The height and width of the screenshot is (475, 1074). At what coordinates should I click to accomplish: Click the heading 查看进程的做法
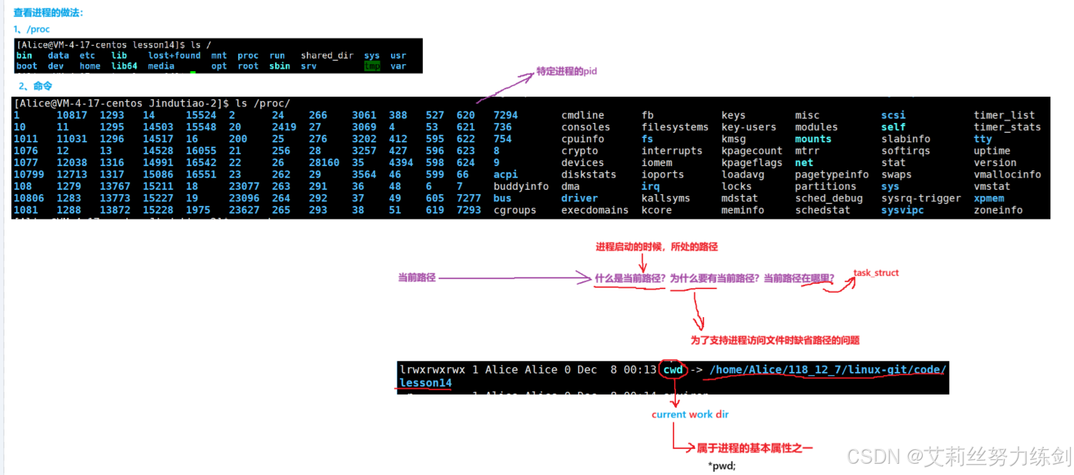48,12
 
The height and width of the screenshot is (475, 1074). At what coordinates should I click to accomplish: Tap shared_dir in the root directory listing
327,56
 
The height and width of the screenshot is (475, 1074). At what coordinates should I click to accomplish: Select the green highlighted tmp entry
372,66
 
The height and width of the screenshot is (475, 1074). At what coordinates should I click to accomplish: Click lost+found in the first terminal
174,56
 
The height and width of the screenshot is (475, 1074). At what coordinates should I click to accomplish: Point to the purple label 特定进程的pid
566,71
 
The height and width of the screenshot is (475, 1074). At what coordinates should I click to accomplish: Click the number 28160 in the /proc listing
324,162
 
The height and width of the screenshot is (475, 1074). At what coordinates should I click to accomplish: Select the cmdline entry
582,115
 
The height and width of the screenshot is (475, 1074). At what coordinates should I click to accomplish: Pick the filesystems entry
675,127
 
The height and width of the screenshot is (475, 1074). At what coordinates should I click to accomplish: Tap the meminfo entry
742,210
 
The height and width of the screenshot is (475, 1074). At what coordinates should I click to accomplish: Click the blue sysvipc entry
902,210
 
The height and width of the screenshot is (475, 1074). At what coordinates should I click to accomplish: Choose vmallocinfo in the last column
1007,174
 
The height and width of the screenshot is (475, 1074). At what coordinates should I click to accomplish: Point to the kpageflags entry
752,162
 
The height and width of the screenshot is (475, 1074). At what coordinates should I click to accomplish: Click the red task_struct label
876,273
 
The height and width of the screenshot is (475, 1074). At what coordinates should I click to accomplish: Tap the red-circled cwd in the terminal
673,370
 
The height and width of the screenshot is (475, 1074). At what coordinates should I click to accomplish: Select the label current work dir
690,414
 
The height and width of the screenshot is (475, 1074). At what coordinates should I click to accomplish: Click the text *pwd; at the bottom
722,466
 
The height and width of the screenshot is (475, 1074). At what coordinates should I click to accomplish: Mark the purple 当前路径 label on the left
417,278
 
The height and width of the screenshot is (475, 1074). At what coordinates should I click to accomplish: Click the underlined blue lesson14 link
425,383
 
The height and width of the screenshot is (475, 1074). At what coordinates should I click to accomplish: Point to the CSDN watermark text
958,457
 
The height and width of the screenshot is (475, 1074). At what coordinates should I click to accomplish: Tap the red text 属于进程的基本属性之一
754,448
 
